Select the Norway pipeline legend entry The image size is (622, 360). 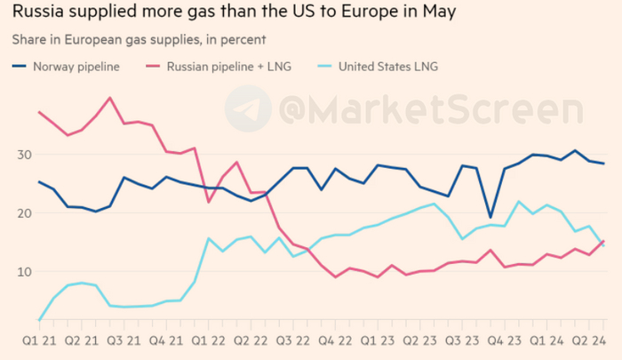pos(76,66)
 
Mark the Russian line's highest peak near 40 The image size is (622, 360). pos(109,98)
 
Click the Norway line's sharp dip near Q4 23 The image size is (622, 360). pos(490,217)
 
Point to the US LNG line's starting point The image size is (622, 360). pos(40,319)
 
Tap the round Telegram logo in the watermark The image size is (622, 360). pos(248,110)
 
